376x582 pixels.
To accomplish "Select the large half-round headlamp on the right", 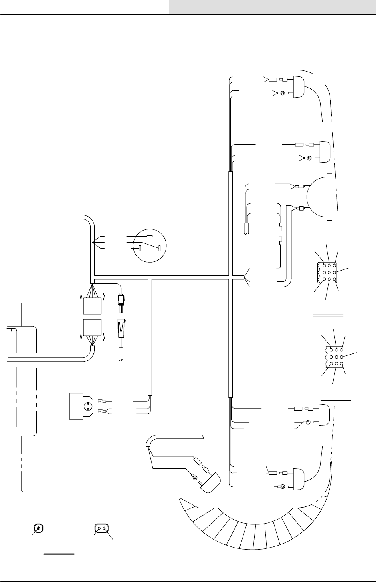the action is tap(318, 197).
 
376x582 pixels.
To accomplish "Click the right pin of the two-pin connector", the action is tap(105, 528).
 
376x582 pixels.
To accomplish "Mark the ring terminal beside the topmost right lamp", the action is tap(282, 93).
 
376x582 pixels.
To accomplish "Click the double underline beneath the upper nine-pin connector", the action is tap(328, 315).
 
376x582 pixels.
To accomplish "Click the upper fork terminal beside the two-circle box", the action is tap(100, 401).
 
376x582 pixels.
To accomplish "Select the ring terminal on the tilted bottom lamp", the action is tap(194, 477).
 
